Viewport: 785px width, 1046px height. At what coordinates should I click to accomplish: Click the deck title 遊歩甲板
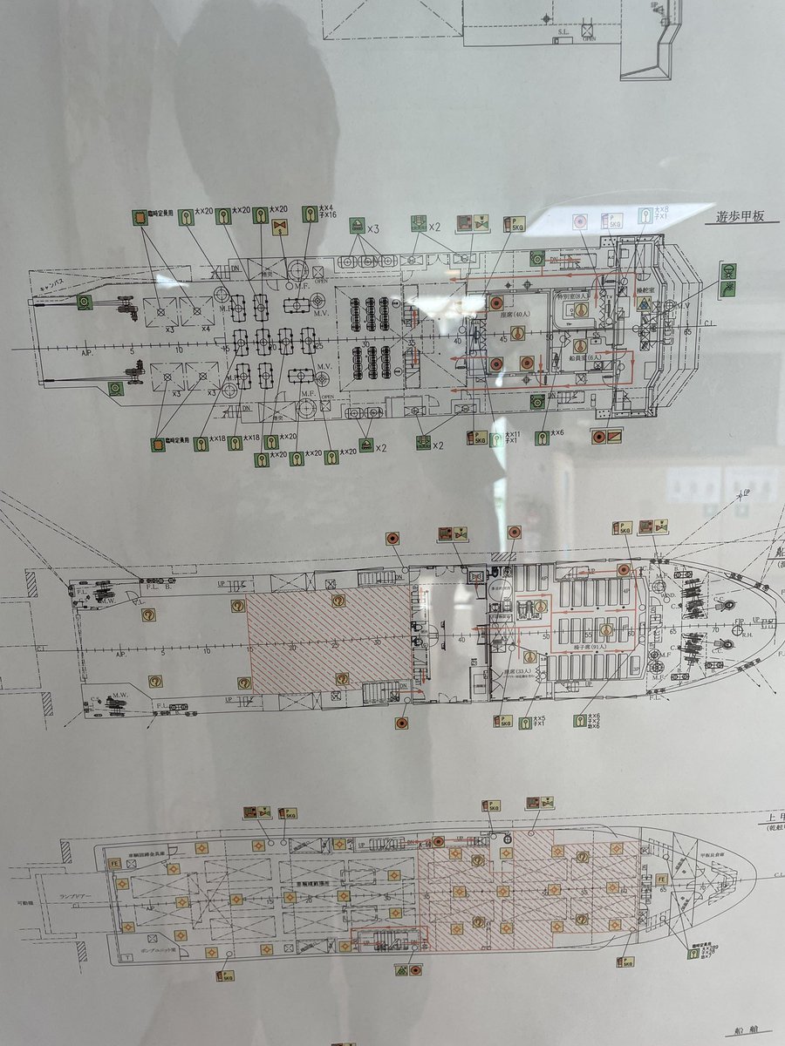tap(734, 216)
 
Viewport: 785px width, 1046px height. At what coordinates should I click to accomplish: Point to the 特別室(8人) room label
tap(570, 297)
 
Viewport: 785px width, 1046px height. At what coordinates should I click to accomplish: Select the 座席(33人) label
tap(504, 671)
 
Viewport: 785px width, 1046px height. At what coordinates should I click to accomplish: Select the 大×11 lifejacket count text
tap(513, 434)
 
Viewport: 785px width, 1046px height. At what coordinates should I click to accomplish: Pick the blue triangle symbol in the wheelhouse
tap(643, 303)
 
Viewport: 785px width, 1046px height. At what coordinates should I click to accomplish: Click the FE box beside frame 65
tap(662, 879)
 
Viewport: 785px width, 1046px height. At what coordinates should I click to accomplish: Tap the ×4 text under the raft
tap(206, 328)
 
